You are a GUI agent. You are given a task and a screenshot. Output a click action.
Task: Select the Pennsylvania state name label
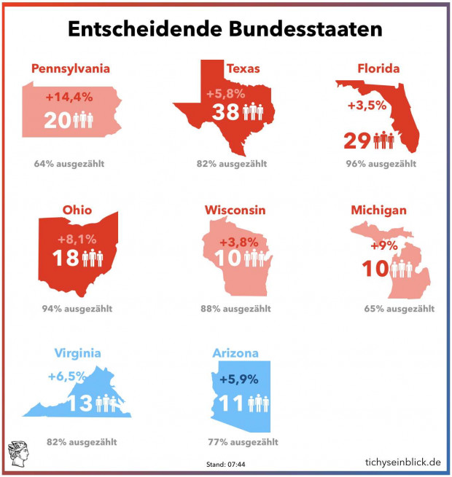71,68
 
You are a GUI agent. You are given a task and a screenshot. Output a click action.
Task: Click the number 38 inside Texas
225,112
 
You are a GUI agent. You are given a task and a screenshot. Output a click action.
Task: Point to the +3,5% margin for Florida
366,106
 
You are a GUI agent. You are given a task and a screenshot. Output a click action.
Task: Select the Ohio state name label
77,210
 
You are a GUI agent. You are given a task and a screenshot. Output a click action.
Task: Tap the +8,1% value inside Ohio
77,239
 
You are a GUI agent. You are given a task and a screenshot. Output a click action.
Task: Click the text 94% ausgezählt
77,308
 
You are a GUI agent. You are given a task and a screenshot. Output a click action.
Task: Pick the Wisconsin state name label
235,210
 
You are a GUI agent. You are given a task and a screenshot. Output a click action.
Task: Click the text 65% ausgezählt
399,308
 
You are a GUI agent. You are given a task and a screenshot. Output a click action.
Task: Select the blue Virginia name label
77,353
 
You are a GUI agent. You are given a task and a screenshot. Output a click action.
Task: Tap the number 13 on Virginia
82,403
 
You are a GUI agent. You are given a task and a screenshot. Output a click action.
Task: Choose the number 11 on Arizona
233,403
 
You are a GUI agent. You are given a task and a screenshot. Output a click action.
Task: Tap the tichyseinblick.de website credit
402,462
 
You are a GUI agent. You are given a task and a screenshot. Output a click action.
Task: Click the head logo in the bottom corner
17,454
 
